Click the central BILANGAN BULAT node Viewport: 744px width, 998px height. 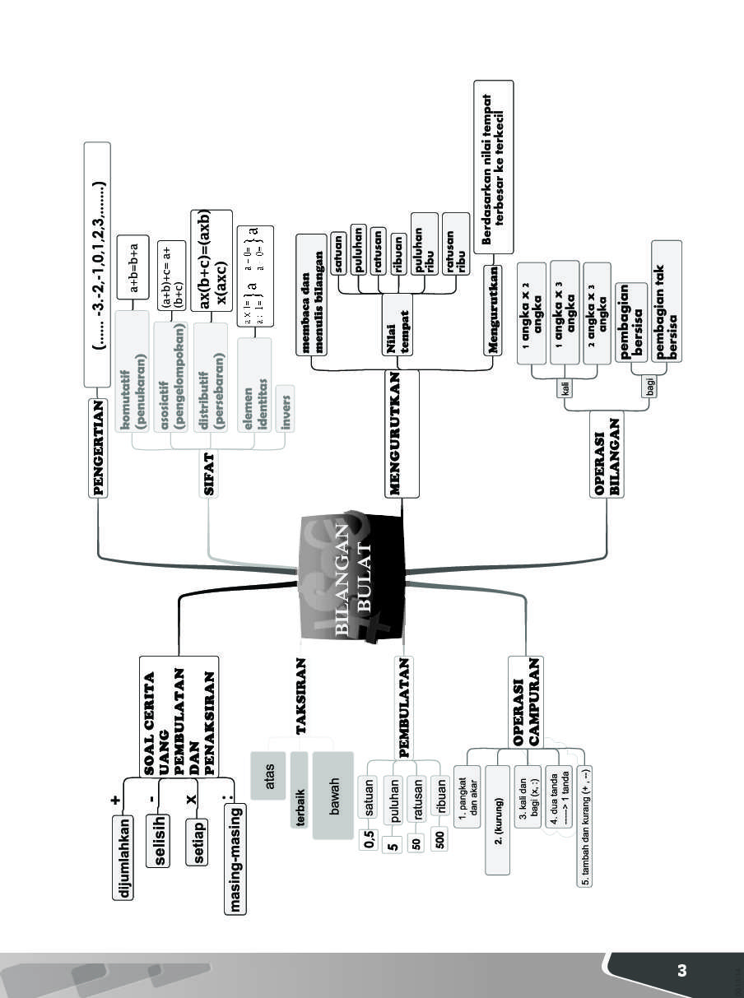(x=354, y=576)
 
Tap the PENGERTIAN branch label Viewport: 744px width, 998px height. (x=99, y=448)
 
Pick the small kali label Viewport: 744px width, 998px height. (x=566, y=388)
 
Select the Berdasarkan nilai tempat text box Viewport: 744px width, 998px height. (x=494, y=167)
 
